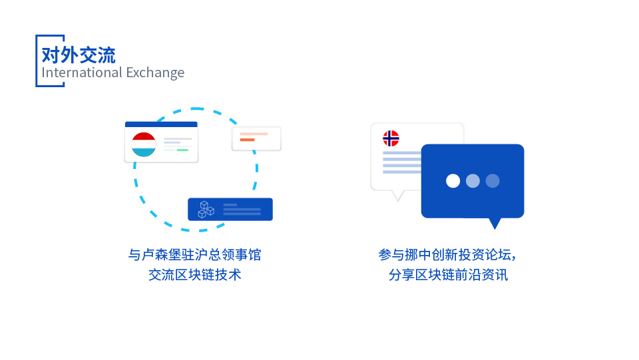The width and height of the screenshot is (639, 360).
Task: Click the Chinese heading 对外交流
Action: (x=79, y=55)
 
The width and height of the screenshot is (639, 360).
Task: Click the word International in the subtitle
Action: (x=82, y=73)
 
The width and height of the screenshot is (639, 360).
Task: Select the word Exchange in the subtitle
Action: (x=155, y=73)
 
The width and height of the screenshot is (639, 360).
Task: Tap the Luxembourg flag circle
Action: (x=144, y=144)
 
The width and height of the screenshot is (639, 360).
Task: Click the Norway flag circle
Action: (x=391, y=138)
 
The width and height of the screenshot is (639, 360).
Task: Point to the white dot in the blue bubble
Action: (x=453, y=181)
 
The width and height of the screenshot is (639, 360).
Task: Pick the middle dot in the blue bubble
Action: (x=473, y=181)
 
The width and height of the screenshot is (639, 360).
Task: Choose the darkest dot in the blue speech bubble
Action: (x=493, y=181)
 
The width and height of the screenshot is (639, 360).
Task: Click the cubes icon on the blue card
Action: (x=206, y=210)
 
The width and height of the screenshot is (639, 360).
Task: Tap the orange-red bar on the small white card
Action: (x=247, y=140)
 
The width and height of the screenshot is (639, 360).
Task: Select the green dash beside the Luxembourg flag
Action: (x=182, y=150)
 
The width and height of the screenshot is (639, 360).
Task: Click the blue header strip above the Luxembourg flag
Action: (x=161, y=124)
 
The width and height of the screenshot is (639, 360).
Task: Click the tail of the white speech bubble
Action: (x=398, y=196)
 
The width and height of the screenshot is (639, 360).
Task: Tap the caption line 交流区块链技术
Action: (x=195, y=275)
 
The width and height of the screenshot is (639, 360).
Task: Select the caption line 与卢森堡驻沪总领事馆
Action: (x=195, y=254)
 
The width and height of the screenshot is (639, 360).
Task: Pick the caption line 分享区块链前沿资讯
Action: (x=448, y=275)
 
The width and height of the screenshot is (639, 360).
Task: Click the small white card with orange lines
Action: (x=256, y=138)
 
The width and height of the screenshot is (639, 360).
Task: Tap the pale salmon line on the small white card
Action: (x=254, y=134)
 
